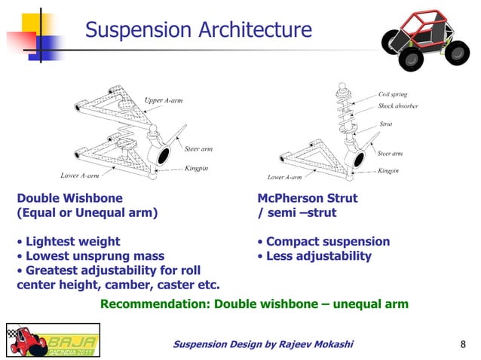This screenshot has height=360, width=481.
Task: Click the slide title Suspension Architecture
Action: (198, 30)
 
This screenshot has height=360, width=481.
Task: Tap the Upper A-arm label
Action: (164, 100)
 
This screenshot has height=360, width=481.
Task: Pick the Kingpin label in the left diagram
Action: (197, 168)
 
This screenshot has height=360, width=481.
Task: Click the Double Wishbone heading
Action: (70, 199)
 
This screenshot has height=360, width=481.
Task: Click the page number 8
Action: (462, 345)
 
